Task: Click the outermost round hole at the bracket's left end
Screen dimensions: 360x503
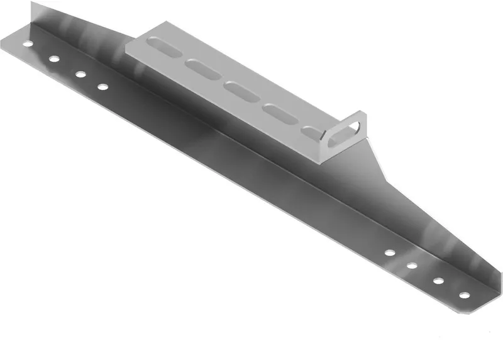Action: point(27,45)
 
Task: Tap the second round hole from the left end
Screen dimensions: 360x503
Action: point(54,59)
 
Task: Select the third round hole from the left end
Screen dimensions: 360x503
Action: point(80,74)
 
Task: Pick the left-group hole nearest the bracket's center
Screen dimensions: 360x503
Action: point(102,86)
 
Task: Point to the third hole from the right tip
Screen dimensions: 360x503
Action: point(412,266)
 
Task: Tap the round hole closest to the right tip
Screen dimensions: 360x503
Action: point(463,295)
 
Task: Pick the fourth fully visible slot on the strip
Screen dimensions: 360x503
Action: point(277,111)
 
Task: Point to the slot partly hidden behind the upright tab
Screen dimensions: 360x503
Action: point(311,132)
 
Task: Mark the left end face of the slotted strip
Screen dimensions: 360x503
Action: point(127,50)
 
